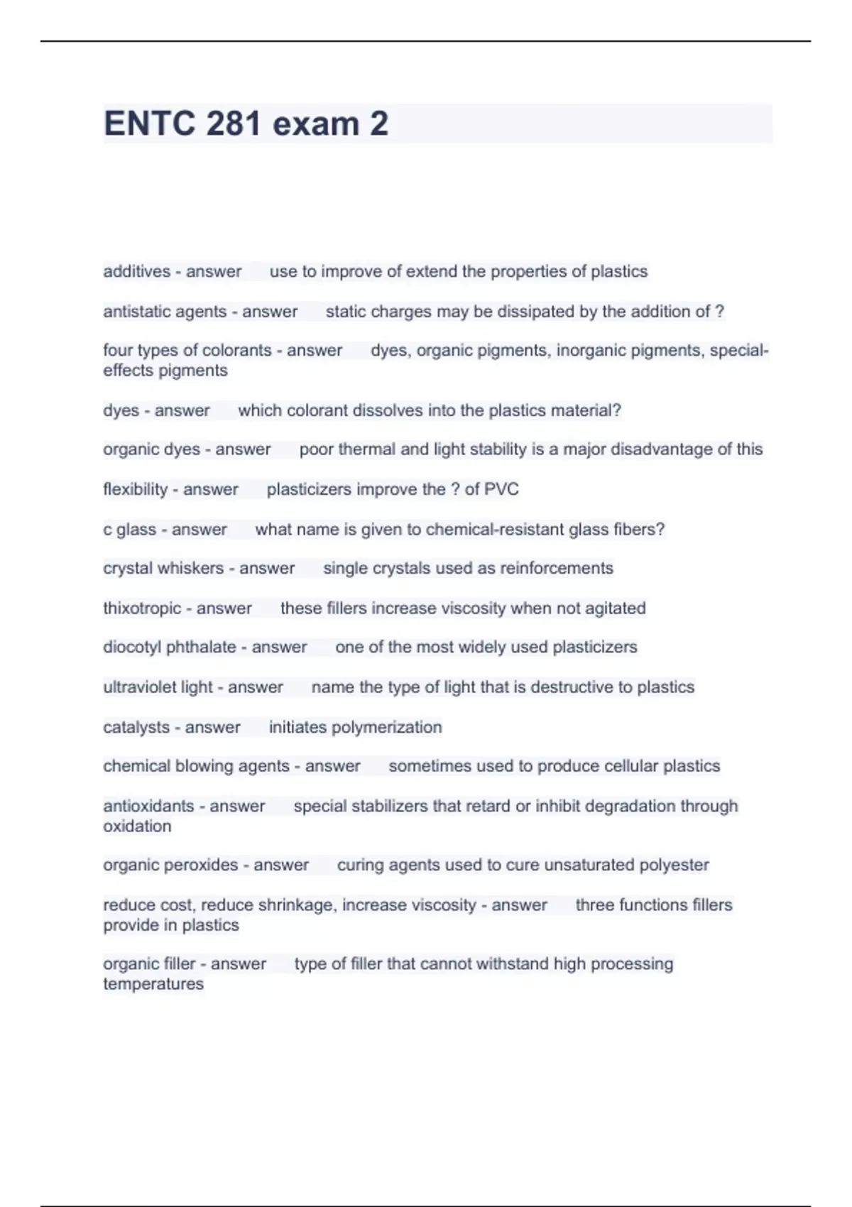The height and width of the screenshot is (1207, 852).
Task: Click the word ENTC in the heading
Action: pos(149,124)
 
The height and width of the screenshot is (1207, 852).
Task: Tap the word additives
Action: pos(137,271)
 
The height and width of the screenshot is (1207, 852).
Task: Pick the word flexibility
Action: pos(135,489)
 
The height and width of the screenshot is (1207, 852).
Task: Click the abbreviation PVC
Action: pos(502,489)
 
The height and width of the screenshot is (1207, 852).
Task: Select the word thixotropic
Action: pos(142,608)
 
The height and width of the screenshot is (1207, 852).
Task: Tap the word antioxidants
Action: pos(148,806)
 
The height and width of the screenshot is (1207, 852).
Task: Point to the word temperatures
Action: pos(153,984)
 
